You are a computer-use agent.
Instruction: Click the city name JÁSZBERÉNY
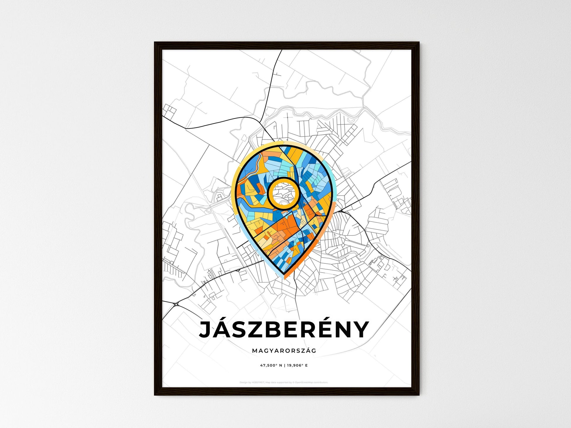[x=284, y=330]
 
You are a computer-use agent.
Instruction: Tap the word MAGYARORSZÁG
[x=284, y=351]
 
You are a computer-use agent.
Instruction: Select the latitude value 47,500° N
[x=271, y=366]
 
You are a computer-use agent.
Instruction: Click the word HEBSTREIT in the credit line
[x=258, y=383]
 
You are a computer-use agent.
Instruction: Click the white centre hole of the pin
[x=283, y=194]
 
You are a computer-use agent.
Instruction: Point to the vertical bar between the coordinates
[x=284, y=366]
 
